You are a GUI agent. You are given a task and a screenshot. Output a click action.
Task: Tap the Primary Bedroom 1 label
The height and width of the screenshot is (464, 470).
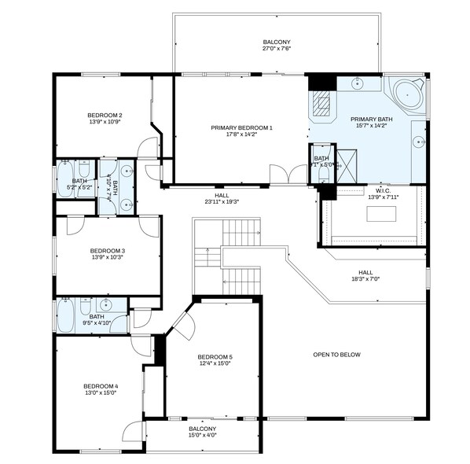coord(241,127)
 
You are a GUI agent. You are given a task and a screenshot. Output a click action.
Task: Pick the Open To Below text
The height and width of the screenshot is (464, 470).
coord(336,355)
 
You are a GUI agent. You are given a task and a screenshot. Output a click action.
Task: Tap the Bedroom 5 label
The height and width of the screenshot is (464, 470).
coord(215,356)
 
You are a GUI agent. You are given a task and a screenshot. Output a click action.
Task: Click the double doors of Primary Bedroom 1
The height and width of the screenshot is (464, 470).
coord(288,175)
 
